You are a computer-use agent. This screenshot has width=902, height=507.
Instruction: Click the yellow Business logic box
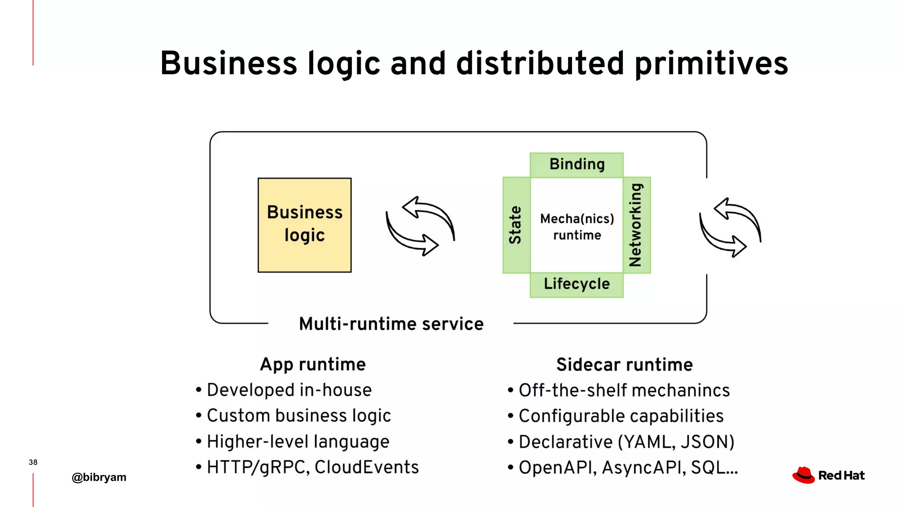coord(304,225)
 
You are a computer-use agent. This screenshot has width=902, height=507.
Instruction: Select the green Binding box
coord(577,165)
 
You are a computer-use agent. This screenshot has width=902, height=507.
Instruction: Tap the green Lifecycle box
coord(577,284)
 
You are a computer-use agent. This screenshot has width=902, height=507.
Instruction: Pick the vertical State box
coord(516,225)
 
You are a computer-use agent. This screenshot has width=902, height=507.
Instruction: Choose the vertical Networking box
coord(636,225)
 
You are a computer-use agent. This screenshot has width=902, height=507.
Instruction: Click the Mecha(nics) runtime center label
coord(577,227)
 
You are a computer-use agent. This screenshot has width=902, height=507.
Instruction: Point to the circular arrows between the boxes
coord(420,226)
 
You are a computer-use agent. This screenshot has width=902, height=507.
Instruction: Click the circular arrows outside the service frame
coord(730,227)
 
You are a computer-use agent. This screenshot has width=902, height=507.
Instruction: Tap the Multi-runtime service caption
coord(391,324)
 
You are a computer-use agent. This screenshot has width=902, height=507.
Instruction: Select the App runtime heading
coord(313,364)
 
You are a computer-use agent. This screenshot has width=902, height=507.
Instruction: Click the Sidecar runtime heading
coord(624,365)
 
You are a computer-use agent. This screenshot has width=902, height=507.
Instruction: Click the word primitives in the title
coord(711,64)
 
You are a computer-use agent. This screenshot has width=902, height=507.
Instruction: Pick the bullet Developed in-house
coord(289,390)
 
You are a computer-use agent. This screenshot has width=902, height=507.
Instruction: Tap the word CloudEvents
coord(366,467)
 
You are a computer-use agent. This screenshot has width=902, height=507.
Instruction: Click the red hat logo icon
coord(804,475)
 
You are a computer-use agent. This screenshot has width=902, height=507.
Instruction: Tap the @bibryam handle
coord(99,477)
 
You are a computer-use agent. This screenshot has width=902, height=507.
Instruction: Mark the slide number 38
coord(33,462)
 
